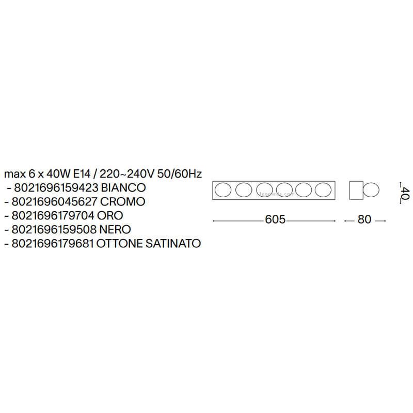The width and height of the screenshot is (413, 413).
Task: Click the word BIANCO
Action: click(x=123, y=188)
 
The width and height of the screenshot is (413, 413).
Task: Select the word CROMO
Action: click(x=123, y=202)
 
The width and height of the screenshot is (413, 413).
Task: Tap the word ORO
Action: click(x=110, y=216)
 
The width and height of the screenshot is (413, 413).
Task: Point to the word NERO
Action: click(x=115, y=230)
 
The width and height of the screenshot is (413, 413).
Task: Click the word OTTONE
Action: click(x=120, y=244)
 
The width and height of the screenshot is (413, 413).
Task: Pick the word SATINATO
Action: click(x=173, y=244)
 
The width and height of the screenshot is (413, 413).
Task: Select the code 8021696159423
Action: click(x=56, y=188)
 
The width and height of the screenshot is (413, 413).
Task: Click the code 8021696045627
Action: click(x=55, y=202)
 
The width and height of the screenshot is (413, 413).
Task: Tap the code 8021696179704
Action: click(x=53, y=216)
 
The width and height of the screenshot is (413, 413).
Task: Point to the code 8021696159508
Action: click(x=54, y=230)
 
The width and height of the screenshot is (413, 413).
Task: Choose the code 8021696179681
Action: click(x=53, y=244)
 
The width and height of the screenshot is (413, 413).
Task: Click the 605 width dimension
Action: click(x=275, y=219)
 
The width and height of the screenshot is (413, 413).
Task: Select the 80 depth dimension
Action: click(x=364, y=219)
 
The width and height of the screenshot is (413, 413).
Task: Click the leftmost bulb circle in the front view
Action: click(x=223, y=190)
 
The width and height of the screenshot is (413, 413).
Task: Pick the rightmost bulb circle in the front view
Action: click(x=323, y=190)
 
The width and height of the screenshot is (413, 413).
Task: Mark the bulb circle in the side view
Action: click(x=371, y=190)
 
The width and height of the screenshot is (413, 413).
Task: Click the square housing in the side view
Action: click(x=356, y=190)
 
